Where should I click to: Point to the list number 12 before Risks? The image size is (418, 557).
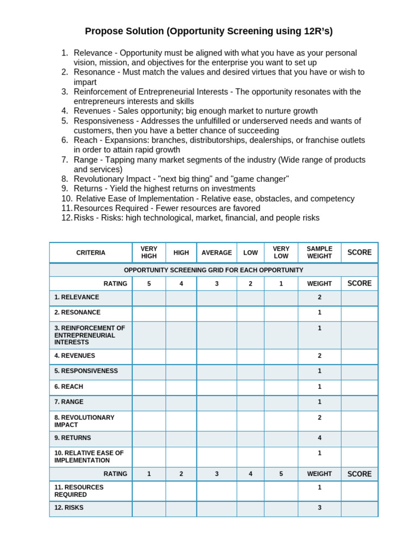tap(66, 218)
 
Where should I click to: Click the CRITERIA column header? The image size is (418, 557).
tap(91, 253)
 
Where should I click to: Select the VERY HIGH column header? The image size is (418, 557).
tap(149, 253)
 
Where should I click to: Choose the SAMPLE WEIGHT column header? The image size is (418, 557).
tap(319, 253)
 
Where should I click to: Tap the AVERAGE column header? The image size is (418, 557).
tap(217, 253)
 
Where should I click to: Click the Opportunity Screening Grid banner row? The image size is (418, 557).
tap(213, 270)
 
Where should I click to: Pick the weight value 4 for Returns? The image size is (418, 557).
tap(319, 437)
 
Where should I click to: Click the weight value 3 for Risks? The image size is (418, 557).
tap(319, 508)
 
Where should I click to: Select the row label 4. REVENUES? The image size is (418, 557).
tap(75, 356)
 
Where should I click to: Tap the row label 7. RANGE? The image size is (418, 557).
tap(69, 402)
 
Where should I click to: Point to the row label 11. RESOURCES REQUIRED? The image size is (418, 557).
tap(79, 491)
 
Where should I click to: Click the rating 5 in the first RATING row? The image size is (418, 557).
tap(149, 284)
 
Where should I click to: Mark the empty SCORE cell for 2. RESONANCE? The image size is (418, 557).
tap(359, 313)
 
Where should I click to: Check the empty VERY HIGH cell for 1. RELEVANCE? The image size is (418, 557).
tap(149, 298)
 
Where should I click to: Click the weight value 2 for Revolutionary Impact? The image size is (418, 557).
tap(319, 418)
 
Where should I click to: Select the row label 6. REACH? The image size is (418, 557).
tap(69, 387)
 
